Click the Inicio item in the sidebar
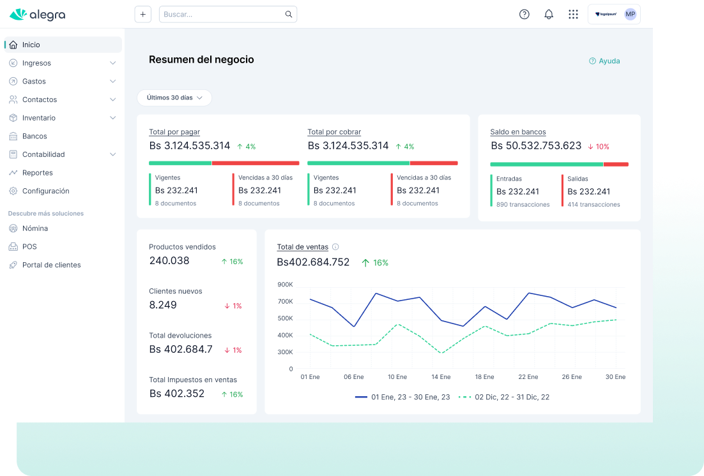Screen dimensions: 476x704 [31, 45]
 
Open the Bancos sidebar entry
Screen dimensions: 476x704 [34, 136]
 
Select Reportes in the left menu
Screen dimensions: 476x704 [37, 173]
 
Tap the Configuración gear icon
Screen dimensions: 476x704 [13, 191]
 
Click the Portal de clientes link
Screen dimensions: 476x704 [51, 265]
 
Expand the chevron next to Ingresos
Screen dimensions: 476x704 [112, 63]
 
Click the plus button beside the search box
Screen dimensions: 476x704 [142, 14]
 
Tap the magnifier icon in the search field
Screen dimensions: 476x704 [289, 14]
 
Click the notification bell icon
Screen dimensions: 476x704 [549, 14]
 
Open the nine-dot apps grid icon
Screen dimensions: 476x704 [573, 14]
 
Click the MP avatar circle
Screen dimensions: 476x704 [630, 14]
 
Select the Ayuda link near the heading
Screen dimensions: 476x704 [604, 61]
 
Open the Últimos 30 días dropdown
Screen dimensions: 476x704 [174, 98]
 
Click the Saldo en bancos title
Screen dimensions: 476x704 [517, 132]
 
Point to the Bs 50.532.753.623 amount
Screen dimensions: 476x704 [536, 146]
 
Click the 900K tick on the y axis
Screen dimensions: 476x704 [285, 285]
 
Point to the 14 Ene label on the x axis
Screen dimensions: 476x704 [441, 377]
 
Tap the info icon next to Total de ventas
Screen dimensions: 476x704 [335, 247]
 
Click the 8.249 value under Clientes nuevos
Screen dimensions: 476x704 [163, 305]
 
